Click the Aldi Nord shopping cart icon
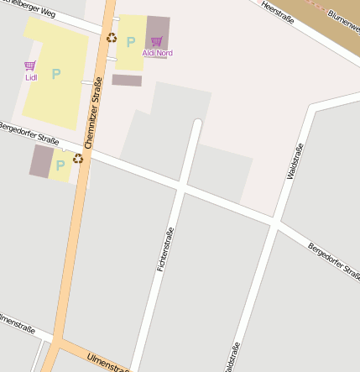156,41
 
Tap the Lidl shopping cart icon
30,65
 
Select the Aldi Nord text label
158,53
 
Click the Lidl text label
31,77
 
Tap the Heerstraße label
278,12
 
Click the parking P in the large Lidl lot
56,74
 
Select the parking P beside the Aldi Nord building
130,41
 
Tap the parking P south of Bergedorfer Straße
60,165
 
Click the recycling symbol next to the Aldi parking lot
112,37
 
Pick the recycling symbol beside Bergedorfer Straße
78,158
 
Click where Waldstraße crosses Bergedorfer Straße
275,223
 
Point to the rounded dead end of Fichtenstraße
197,124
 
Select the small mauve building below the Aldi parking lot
127,81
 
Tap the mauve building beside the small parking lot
41,160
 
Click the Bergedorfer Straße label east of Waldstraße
333,260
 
